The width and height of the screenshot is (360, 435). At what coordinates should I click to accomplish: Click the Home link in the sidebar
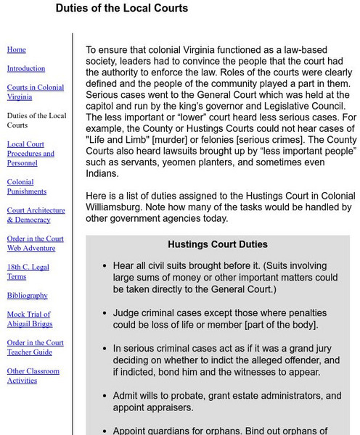click(x=16, y=50)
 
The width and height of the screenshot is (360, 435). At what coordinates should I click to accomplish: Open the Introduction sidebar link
click(x=25, y=69)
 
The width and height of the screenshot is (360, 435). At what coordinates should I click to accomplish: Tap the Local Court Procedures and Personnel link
click(x=30, y=154)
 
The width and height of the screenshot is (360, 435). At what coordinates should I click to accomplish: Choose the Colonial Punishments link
click(x=27, y=187)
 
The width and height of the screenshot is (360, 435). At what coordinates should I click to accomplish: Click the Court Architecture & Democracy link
click(x=36, y=215)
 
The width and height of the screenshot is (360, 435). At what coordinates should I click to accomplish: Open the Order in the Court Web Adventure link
click(x=36, y=244)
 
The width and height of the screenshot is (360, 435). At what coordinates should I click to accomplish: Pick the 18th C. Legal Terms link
click(x=28, y=272)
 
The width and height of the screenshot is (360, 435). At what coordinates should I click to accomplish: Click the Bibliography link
click(x=28, y=296)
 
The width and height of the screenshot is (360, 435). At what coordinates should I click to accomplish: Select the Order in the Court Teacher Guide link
click(x=35, y=347)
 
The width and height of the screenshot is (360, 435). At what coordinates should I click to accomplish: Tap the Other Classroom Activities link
click(x=33, y=376)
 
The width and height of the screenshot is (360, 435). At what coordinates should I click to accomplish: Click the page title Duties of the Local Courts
click(x=121, y=9)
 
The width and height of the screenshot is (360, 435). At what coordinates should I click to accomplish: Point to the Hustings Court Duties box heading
click(x=218, y=245)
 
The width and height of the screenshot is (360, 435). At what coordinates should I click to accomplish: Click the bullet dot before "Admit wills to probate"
click(x=106, y=397)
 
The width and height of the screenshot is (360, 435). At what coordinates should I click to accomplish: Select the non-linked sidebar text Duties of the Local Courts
click(x=36, y=120)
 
